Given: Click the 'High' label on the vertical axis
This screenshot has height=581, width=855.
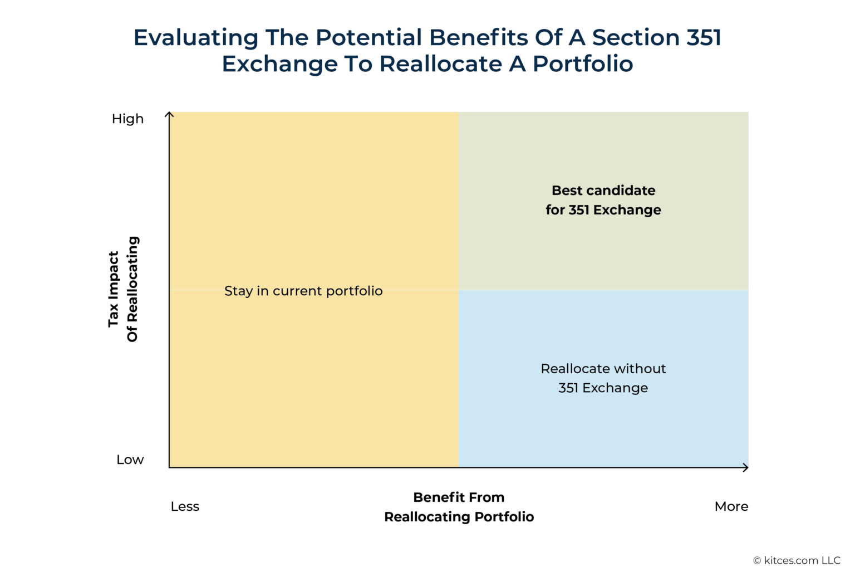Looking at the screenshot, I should (x=127, y=119).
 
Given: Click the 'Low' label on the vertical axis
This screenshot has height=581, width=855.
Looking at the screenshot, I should (x=130, y=460).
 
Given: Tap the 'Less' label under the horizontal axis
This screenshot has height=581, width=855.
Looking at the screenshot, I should (x=185, y=506).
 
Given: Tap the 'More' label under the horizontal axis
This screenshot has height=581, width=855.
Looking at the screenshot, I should (x=731, y=506).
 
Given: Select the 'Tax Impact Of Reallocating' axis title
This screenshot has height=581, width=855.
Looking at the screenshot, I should (x=122, y=289).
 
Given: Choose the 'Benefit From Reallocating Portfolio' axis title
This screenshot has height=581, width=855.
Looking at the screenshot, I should (x=459, y=507).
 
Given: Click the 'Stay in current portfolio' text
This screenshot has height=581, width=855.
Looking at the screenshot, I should (x=303, y=291).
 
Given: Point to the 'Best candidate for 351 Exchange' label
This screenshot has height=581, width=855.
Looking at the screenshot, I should (x=603, y=200).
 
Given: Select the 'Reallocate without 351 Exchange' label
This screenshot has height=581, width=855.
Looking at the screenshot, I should (x=603, y=378).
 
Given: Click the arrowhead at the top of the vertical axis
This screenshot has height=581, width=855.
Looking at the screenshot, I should (x=169, y=114).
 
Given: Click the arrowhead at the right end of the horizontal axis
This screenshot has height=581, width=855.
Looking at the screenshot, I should (x=746, y=467).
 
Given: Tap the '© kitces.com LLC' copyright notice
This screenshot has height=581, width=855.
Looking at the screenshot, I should (x=797, y=560).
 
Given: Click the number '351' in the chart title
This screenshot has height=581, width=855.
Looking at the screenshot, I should (x=704, y=38).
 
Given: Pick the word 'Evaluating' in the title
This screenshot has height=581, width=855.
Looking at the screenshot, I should (x=196, y=38).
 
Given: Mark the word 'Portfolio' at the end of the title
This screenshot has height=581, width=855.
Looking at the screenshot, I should (x=583, y=64).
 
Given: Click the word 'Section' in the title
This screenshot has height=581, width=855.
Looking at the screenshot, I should (x=636, y=38).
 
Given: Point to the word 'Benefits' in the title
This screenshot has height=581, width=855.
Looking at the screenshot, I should (x=479, y=38).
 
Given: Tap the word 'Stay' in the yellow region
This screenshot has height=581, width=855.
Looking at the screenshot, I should (x=238, y=291).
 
